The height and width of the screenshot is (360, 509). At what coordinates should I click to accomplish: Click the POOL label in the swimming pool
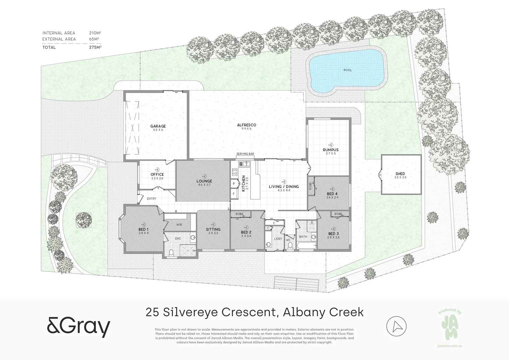click(347, 70)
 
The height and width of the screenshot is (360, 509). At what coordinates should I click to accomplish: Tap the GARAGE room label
click(158, 126)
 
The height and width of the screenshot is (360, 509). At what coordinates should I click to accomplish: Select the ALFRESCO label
click(247, 125)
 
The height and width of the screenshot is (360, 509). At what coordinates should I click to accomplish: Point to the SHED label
click(400, 174)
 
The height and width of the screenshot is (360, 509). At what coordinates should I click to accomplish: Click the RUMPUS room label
click(330, 150)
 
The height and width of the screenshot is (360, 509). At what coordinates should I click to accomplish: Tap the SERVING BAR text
click(245, 154)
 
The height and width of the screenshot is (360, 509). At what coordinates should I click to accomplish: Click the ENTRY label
click(151, 199)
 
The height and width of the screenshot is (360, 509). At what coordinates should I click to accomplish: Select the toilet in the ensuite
click(171, 253)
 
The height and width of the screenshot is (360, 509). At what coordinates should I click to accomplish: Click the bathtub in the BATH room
click(305, 246)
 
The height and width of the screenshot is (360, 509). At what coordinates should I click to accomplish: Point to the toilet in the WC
click(290, 246)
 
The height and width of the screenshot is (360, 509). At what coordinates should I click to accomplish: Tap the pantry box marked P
click(234, 183)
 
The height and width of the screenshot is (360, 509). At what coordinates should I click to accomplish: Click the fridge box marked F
click(234, 193)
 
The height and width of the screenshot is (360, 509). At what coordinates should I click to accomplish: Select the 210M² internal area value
click(95, 33)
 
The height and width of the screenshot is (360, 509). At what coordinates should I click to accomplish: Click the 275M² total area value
click(95, 47)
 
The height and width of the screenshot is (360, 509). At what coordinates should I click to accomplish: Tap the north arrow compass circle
click(396, 326)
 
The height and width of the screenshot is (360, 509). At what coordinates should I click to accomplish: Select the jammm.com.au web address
click(449, 346)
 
